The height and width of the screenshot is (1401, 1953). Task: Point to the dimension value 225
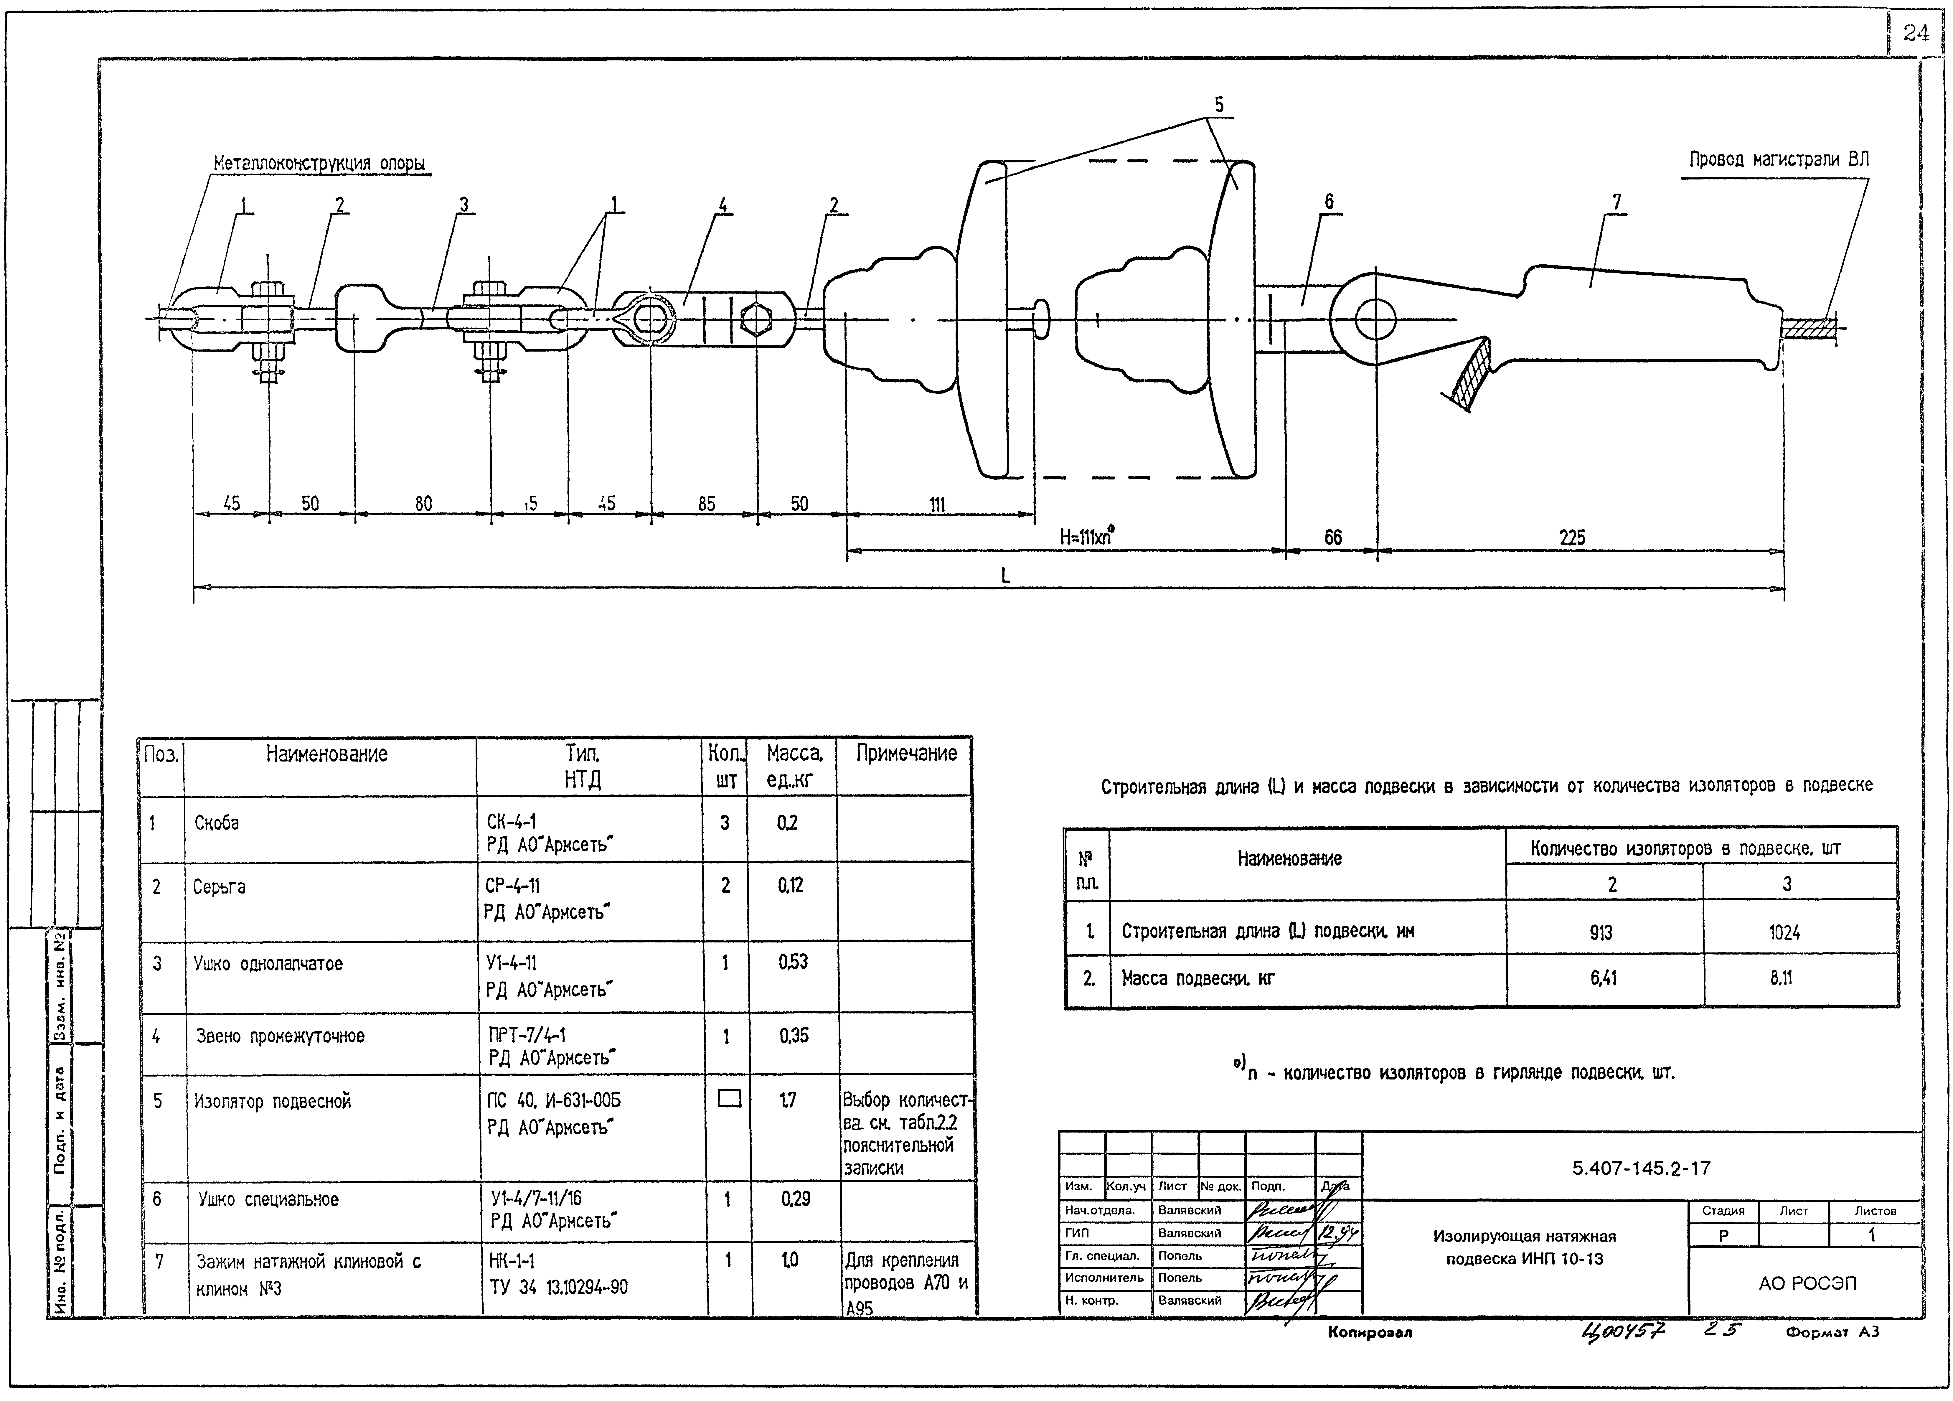coord(1571,537)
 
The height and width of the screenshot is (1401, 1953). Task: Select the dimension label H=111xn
coord(1087,537)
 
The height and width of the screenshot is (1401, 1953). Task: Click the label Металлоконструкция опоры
coord(319,164)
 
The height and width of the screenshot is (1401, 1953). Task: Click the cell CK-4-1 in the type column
coord(512,822)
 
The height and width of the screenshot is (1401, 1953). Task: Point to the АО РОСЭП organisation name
coord(1806,1283)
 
